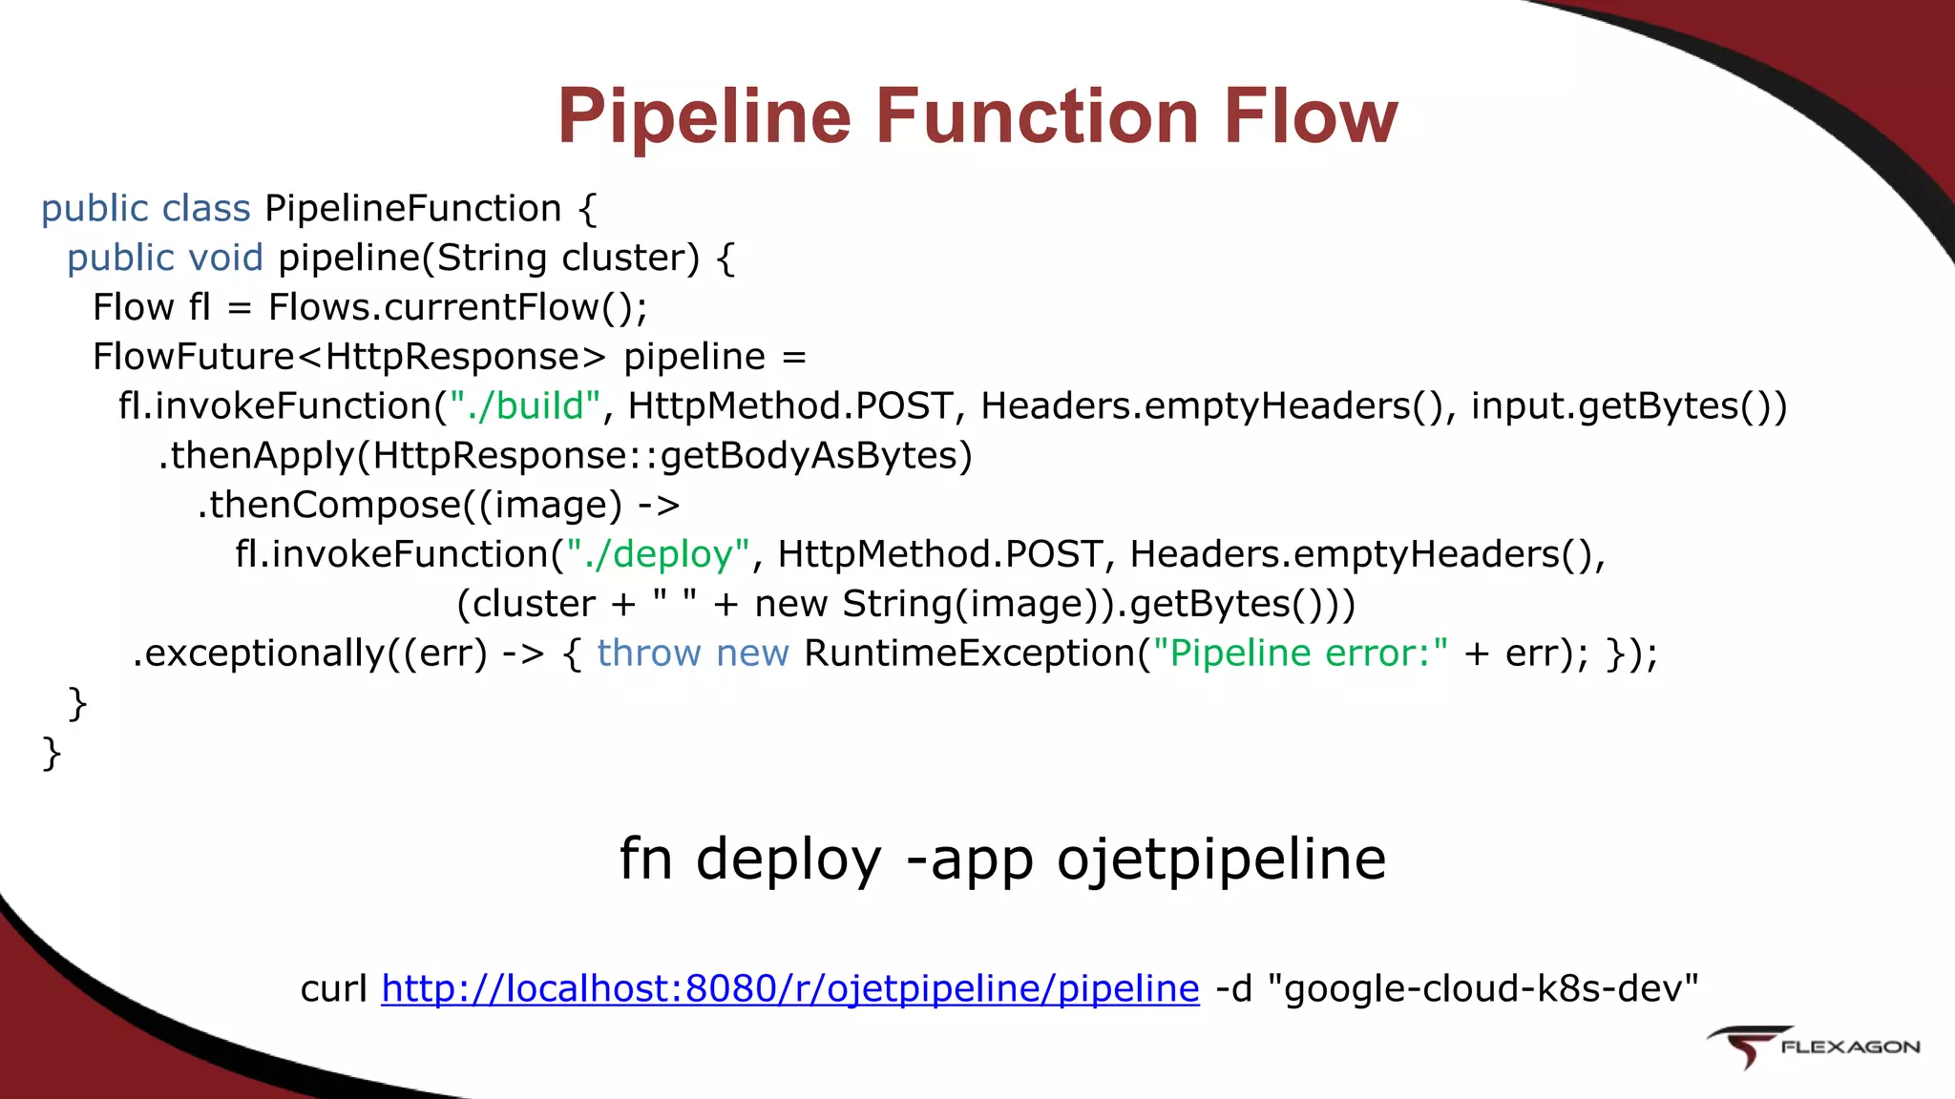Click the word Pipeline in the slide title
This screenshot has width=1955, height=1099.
(x=704, y=116)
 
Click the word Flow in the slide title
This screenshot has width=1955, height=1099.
(x=1311, y=116)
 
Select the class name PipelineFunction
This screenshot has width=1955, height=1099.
(x=412, y=209)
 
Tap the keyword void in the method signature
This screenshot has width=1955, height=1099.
(x=225, y=259)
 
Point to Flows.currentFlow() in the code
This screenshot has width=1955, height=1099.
(x=457, y=308)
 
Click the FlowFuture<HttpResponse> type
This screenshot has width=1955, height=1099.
(x=348, y=358)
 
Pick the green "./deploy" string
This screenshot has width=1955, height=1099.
(x=659, y=555)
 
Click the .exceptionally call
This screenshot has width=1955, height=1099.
(x=258, y=654)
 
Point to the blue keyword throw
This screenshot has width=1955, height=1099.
(x=649, y=654)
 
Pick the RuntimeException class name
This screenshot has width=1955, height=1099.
(x=970, y=654)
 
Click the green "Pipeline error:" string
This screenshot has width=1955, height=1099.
(x=1300, y=654)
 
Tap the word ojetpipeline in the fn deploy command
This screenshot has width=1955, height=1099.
(x=1221, y=860)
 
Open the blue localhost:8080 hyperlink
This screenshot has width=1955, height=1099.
(x=789, y=989)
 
